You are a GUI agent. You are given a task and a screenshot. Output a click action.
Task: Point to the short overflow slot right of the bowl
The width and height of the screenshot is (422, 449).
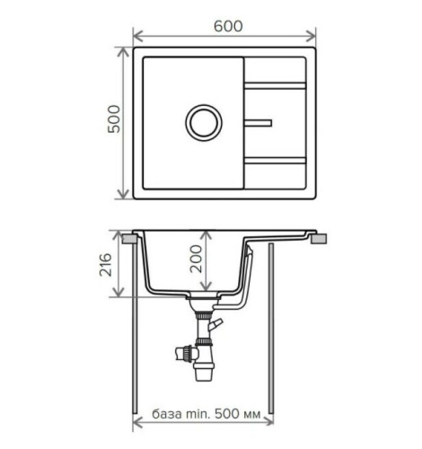tap(259, 119)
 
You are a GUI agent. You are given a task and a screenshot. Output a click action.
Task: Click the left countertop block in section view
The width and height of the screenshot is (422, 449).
tap(129, 240)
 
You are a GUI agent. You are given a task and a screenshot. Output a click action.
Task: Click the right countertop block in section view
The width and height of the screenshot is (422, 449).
tap(319, 240)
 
